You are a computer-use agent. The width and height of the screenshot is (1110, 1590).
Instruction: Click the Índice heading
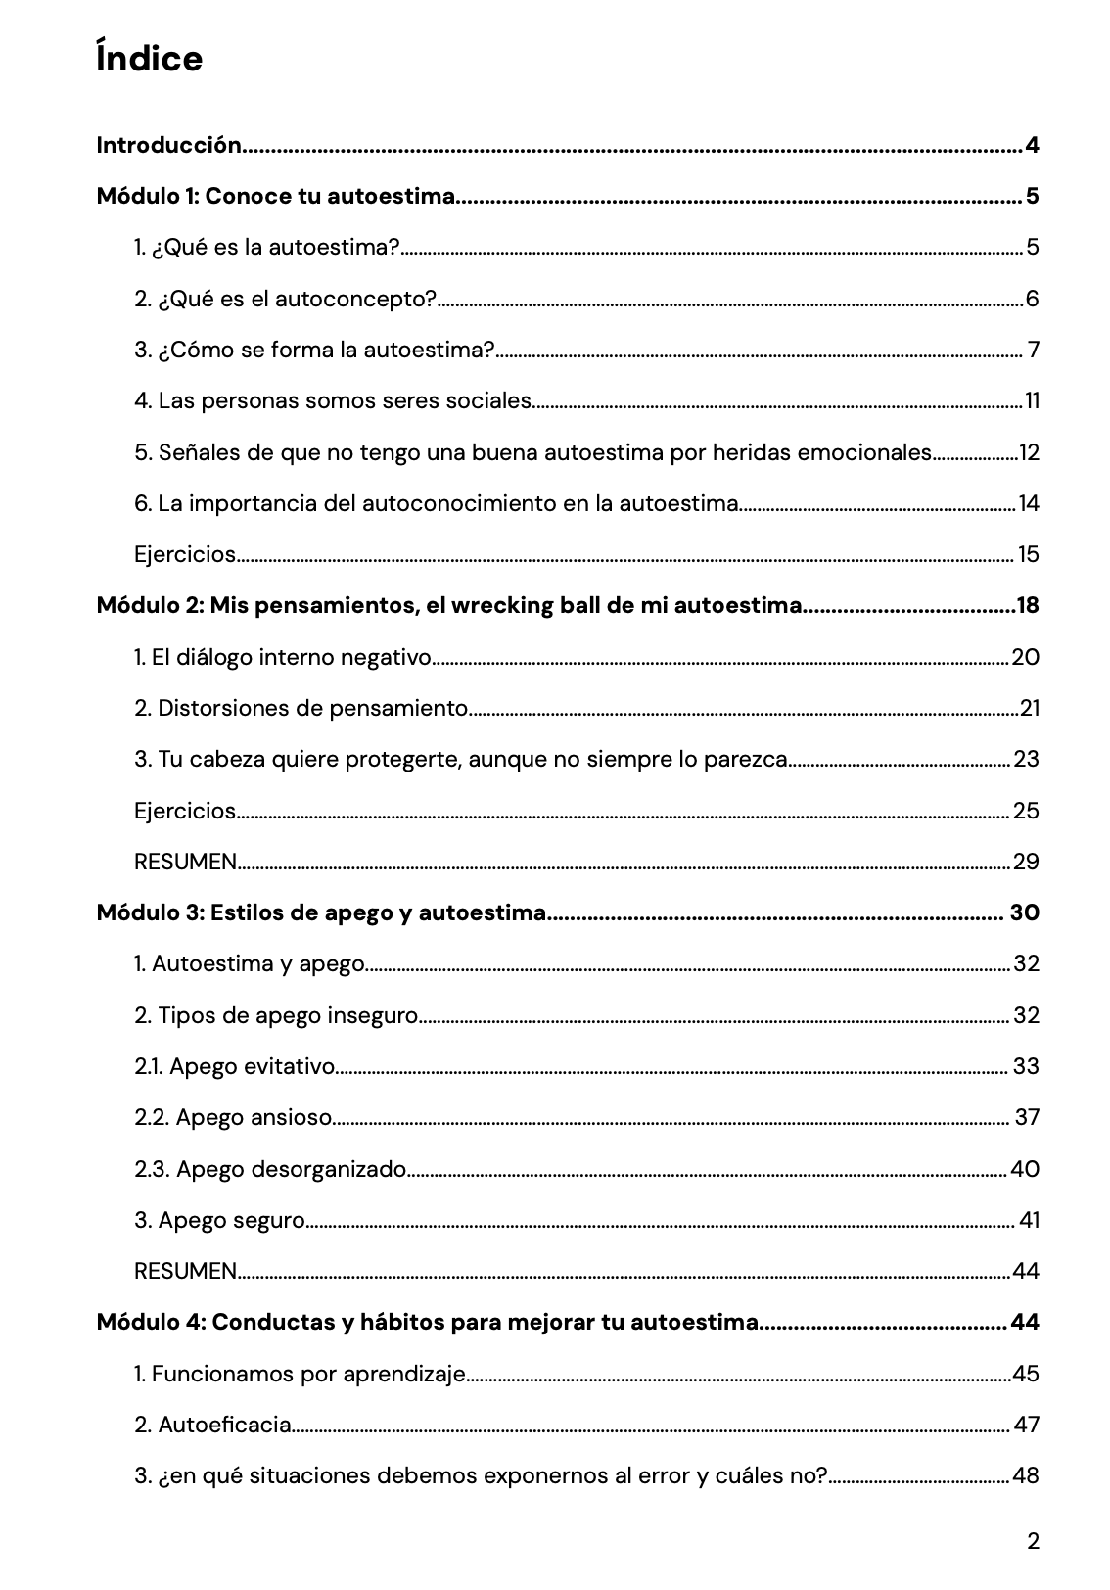pos(150,59)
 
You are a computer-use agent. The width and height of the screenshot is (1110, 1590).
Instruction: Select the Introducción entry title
pos(168,146)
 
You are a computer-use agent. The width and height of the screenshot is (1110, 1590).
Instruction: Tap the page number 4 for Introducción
pos(1032,146)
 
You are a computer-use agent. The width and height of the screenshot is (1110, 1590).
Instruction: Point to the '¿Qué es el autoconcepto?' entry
pos(285,299)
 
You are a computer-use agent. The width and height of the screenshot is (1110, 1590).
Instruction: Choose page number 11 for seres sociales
pos(1032,401)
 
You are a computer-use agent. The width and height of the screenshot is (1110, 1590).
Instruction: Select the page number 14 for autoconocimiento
pos(1029,503)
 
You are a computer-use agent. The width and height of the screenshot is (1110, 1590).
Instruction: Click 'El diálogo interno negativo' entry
pos(282,657)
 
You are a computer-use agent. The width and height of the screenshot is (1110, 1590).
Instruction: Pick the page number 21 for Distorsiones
pos(1029,708)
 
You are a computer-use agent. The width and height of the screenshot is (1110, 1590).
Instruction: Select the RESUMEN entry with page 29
pos(186,862)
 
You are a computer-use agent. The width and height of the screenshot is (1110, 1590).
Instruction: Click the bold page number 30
pos(1024,912)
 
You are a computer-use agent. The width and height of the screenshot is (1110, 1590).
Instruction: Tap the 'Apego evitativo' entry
pos(235,1066)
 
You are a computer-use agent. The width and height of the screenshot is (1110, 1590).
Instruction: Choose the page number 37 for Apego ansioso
pos(1026,1117)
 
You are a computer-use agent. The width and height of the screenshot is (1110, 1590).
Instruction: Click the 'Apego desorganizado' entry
pos(270,1169)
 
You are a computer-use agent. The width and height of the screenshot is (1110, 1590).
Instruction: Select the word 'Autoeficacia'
pos(225,1425)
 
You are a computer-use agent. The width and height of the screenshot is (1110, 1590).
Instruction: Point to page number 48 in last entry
pos(1026,1475)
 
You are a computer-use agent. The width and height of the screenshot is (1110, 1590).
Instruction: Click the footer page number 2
pos(1034,1542)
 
